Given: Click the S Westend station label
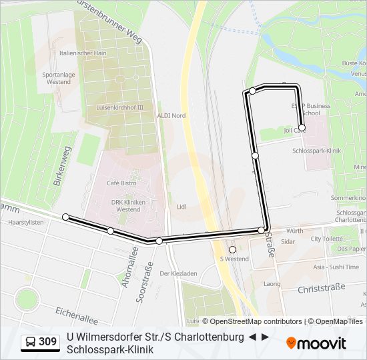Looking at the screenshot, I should pyautogui.click(x=234, y=259).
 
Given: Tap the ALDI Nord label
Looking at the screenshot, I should pyautogui.click(x=171, y=115).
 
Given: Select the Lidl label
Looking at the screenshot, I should pyautogui.click(x=181, y=207).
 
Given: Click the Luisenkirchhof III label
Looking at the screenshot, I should pyautogui.click(x=120, y=107).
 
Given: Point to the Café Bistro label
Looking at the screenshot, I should pyautogui.click(x=121, y=183).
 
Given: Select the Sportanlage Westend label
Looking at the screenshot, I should pyautogui.click(x=58, y=78).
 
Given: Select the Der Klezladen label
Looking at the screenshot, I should pyautogui.click(x=178, y=273).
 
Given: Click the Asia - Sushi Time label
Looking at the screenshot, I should pyautogui.click(x=336, y=267).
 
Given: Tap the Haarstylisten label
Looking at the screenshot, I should pyautogui.click(x=26, y=223).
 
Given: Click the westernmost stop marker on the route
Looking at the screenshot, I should pyautogui.click(x=65, y=217).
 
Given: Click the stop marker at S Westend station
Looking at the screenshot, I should pyautogui.click(x=232, y=250).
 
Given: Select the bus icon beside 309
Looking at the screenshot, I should pyautogui.click(x=31, y=342).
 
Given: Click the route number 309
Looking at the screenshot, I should pyautogui.click(x=48, y=342).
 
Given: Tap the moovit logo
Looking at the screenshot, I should pyautogui.click(x=316, y=343).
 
